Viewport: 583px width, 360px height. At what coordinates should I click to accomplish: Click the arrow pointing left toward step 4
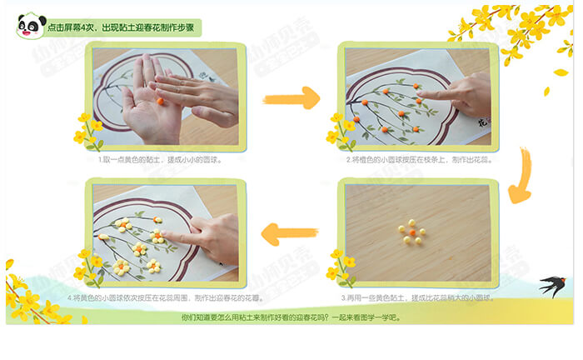click(289, 234)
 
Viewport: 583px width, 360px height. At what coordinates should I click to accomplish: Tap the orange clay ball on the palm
click(160, 101)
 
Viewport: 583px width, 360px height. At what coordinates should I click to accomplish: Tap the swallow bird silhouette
click(552, 286)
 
